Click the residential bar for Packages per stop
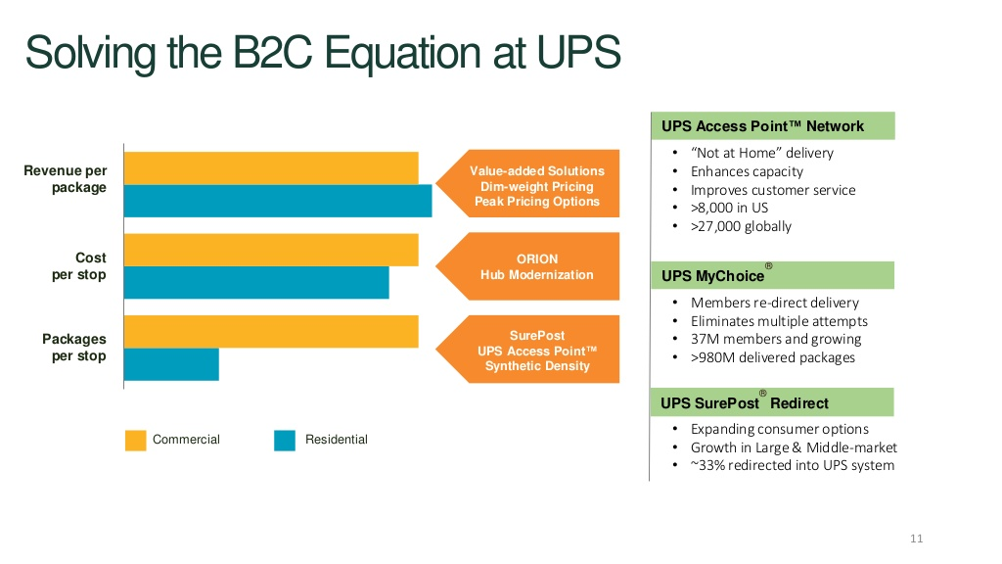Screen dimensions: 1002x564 click(x=171, y=364)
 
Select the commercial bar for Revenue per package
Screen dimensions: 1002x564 click(x=271, y=168)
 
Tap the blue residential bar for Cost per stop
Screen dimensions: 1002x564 click(x=256, y=283)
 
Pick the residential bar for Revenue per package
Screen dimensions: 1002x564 click(x=278, y=201)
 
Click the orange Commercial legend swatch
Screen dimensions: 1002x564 click(x=135, y=441)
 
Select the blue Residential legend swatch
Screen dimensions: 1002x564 click(x=285, y=441)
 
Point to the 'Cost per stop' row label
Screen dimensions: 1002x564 click(x=79, y=266)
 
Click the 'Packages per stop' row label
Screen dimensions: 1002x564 click(x=74, y=348)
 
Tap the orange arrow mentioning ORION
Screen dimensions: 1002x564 click(x=527, y=266)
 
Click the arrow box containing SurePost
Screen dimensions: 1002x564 click(x=527, y=350)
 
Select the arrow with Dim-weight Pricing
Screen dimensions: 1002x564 click(x=527, y=183)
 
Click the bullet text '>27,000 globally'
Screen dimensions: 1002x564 click(x=741, y=226)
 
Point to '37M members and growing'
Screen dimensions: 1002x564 click(x=776, y=339)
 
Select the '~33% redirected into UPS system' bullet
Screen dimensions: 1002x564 click(x=793, y=465)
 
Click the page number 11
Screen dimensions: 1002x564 click(x=916, y=539)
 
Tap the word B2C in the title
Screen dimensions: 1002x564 click(x=272, y=52)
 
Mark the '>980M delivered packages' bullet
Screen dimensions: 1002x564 click(x=773, y=357)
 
